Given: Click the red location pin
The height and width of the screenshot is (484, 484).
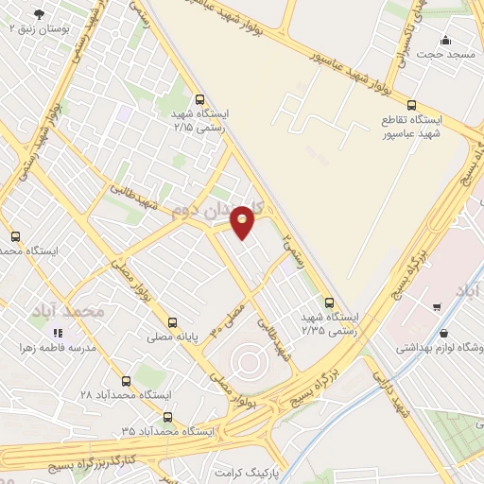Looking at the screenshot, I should coord(243,220).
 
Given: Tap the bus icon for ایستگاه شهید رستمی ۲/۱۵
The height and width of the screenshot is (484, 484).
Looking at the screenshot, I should coord(199,98).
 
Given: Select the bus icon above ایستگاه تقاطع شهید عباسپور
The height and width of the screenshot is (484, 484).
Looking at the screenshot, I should coord(410,105).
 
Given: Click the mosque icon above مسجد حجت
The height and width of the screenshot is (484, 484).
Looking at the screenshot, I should coord(446,40).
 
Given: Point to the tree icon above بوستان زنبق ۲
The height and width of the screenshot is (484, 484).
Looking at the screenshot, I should coord(38,14).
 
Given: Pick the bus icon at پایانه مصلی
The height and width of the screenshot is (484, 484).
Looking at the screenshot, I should coord(171,321).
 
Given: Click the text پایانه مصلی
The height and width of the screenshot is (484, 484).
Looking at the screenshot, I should coord(172,337).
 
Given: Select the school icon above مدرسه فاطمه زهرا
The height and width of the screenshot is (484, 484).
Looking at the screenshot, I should coord(57,333).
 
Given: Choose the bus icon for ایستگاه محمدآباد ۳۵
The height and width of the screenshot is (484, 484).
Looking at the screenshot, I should coord(167,417).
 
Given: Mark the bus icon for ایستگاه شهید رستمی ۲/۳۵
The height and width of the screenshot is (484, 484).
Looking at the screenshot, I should coord(329,303).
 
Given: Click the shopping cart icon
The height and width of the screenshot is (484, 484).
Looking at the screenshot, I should coord(436,305).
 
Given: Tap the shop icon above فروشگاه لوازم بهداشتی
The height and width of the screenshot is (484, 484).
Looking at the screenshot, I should coord(444,334).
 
